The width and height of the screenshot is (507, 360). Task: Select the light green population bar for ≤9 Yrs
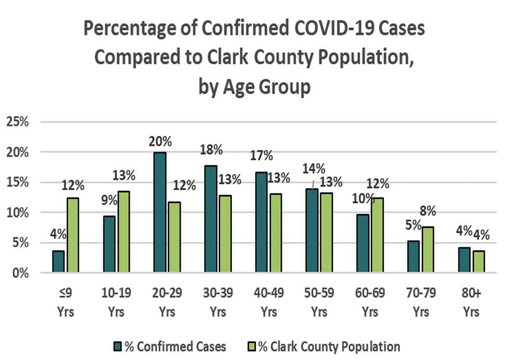coord(73,235)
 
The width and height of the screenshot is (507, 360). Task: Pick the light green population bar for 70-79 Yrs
coord(428,250)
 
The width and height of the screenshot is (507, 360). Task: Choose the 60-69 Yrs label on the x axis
coord(370,303)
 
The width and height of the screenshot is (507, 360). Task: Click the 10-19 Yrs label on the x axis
coord(116,303)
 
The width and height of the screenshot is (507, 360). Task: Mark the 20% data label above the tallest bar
coord(159,142)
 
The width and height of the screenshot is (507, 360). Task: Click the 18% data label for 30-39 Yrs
coord(211,149)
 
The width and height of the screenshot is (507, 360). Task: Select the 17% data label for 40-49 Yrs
coord(261,155)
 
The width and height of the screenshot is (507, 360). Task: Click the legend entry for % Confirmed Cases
coord(170,346)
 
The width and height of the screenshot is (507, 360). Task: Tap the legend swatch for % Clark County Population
coord(249,346)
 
